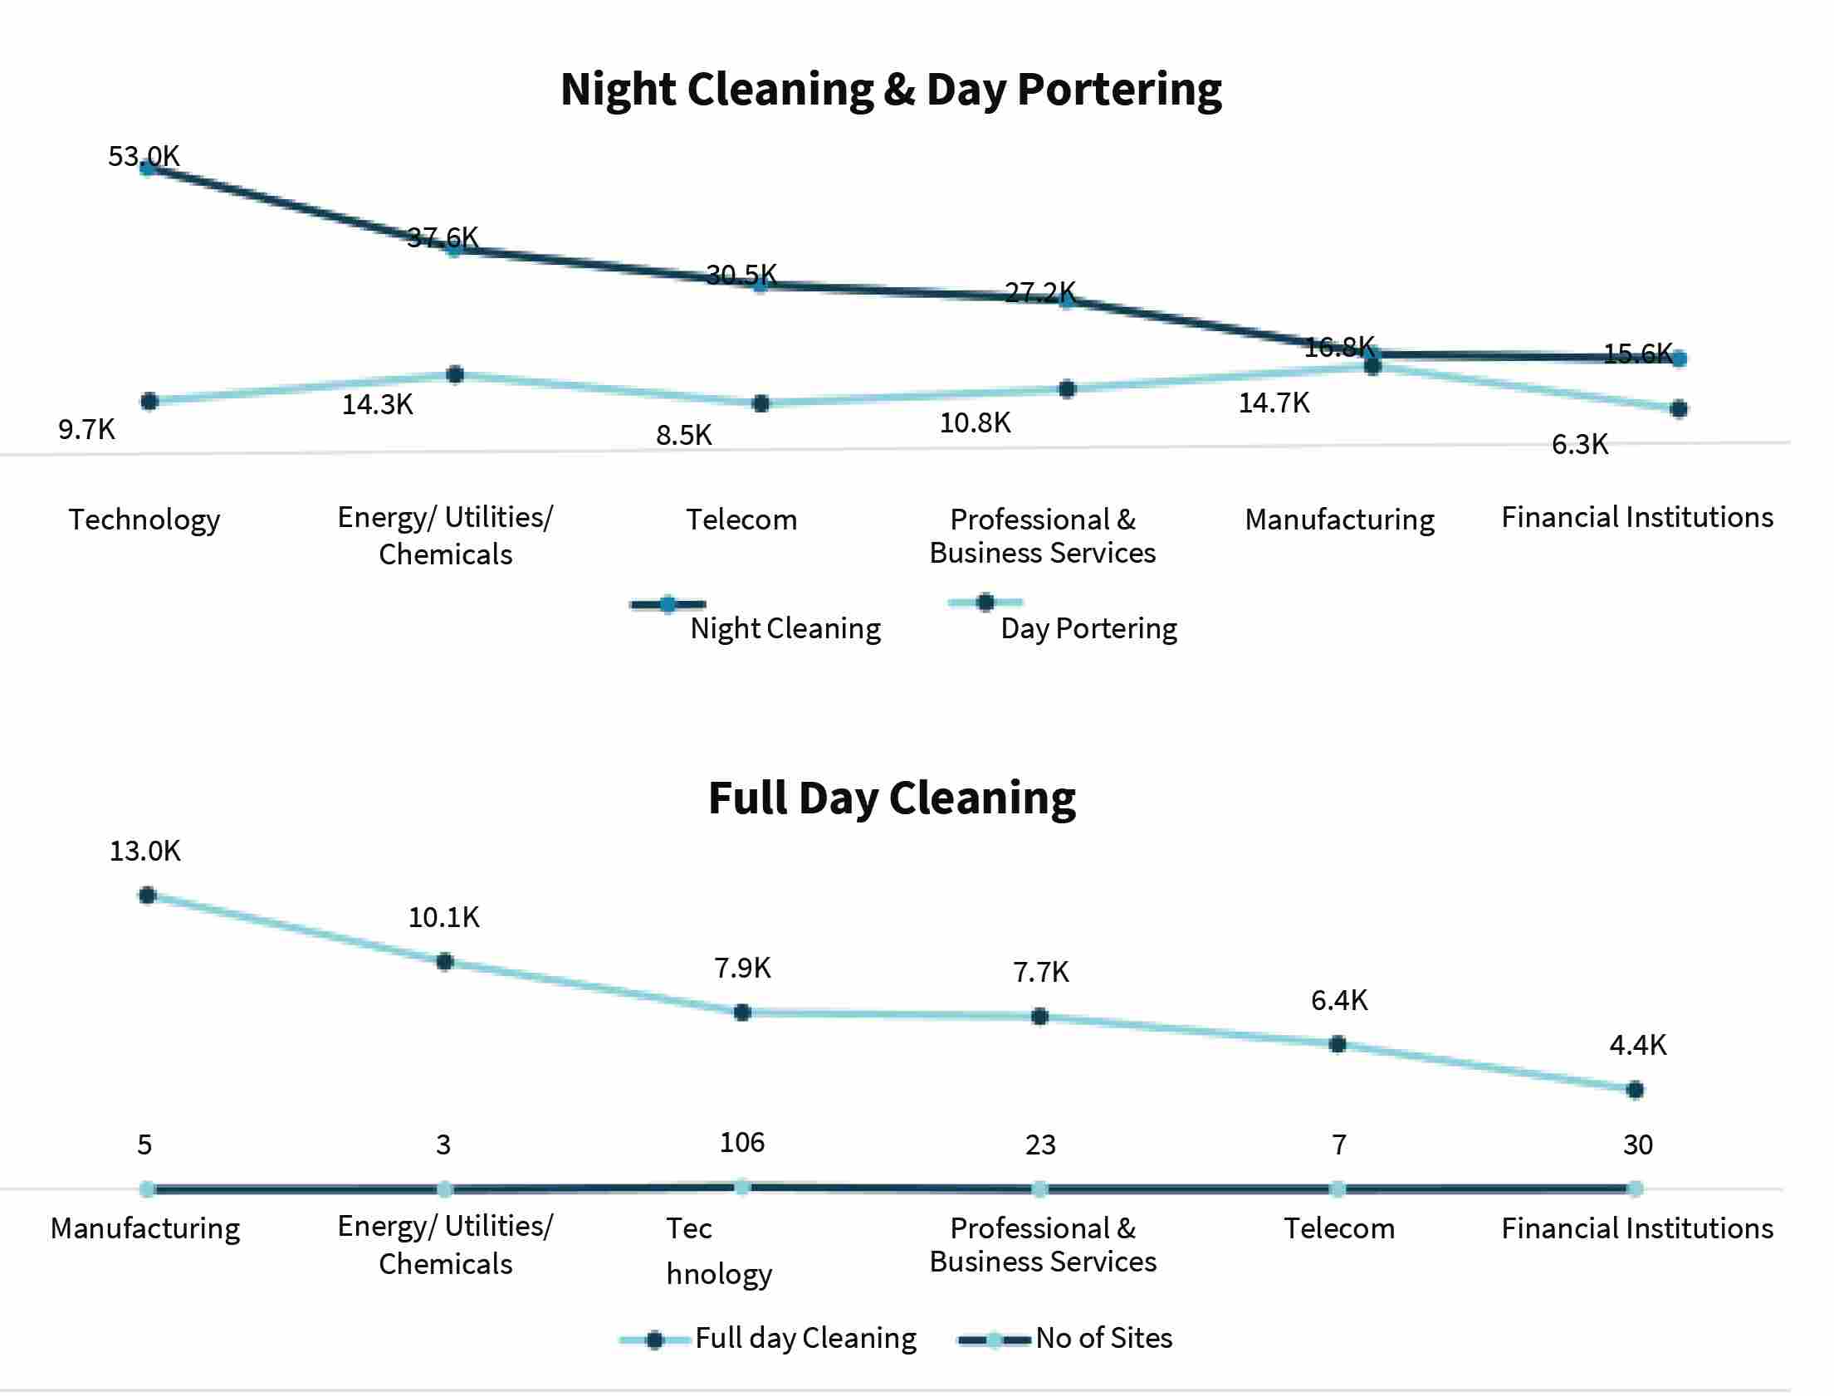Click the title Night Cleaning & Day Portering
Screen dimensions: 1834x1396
(x=891, y=90)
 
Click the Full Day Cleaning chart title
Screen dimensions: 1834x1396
(x=892, y=798)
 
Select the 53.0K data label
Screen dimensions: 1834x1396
(x=144, y=156)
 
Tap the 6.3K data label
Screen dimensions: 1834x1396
(x=1580, y=445)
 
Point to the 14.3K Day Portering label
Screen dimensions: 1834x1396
(x=377, y=405)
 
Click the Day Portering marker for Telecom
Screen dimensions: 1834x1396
(x=760, y=404)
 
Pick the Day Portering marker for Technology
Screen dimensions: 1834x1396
(x=149, y=402)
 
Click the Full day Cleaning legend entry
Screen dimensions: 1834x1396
(x=768, y=1339)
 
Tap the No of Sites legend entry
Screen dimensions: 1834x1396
(x=1065, y=1339)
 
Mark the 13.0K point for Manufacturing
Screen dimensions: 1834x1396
(x=148, y=895)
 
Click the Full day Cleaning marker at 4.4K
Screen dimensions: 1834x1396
(x=1635, y=1090)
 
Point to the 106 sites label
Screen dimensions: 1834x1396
(x=741, y=1143)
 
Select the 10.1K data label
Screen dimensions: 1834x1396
(x=443, y=917)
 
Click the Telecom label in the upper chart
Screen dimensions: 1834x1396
(x=741, y=520)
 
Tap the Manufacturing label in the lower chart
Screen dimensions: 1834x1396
(x=144, y=1228)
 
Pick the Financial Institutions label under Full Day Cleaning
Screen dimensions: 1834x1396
(x=1637, y=1228)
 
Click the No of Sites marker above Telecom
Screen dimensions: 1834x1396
(x=1337, y=1189)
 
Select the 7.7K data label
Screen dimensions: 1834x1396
(x=1040, y=971)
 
